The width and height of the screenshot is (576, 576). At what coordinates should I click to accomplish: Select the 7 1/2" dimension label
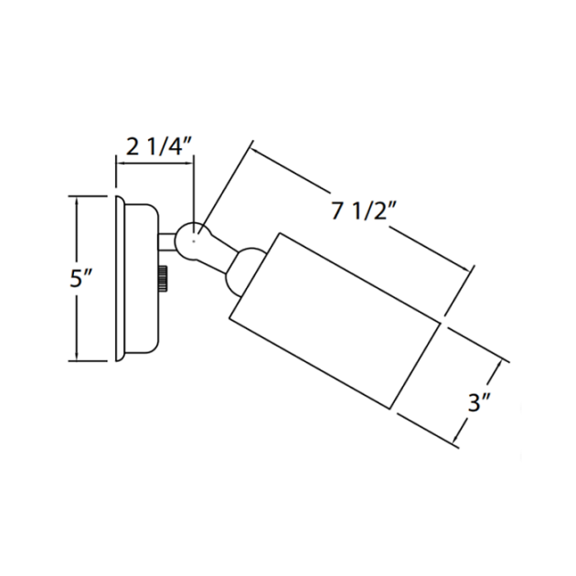360,210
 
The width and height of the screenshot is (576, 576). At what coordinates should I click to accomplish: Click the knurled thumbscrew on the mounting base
164,279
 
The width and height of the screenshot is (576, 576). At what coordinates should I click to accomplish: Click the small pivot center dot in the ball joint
194,241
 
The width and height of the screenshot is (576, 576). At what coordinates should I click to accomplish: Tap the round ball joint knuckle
191,240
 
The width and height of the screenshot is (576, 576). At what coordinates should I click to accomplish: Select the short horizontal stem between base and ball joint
166,241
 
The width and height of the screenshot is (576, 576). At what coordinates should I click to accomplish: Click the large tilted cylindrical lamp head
335,321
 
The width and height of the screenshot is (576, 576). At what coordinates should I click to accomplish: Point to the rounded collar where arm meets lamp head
243,271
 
